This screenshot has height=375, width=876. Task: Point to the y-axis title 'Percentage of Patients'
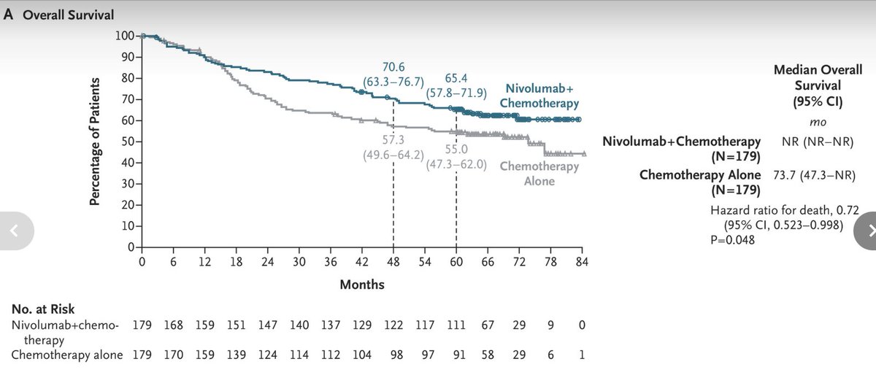[x=95, y=144]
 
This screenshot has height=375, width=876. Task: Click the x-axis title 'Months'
[x=361, y=284]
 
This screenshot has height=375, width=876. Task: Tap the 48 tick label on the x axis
[x=393, y=262]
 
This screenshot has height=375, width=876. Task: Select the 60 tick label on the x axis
[x=456, y=262]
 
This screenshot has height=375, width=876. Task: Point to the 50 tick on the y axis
[x=128, y=142]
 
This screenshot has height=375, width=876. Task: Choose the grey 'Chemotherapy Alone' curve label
[x=539, y=174]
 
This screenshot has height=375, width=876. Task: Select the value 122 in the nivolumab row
[x=393, y=325]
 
